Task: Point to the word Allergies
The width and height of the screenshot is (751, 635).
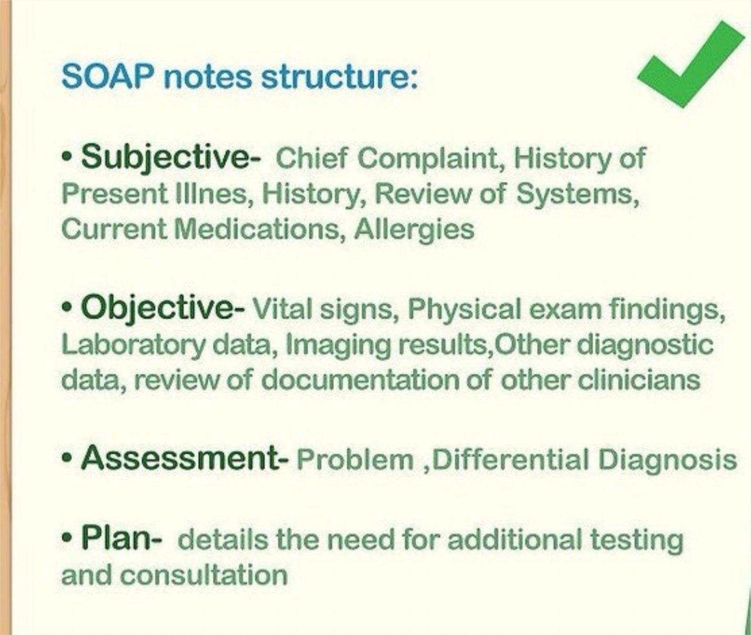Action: coord(414,229)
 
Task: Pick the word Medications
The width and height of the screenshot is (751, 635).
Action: coord(258,229)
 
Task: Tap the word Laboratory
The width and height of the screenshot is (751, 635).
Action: coord(133,345)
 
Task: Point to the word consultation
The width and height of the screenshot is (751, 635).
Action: coord(203,576)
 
